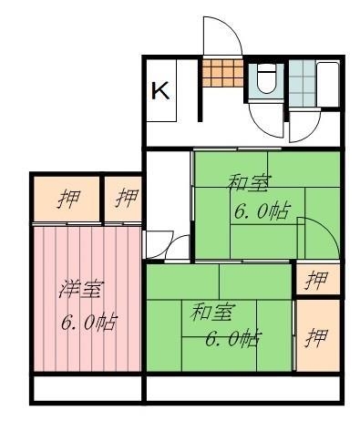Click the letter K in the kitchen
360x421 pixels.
click(x=160, y=90)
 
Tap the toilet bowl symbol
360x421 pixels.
click(x=266, y=78)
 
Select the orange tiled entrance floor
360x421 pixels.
click(x=222, y=73)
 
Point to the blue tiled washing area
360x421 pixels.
click(x=303, y=84)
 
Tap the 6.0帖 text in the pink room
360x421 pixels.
click(x=88, y=322)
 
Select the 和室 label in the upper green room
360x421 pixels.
click(x=249, y=183)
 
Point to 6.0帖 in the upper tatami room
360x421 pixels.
click(x=262, y=210)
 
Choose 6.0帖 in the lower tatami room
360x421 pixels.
click(x=233, y=338)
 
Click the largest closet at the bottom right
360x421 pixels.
click(x=318, y=335)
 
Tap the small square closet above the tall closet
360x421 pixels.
click(x=318, y=279)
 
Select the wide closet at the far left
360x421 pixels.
click(x=67, y=199)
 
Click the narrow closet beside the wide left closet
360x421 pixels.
click(x=123, y=199)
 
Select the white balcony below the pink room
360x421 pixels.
click(x=87, y=389)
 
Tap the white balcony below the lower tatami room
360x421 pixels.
click(x=243, y=389)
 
